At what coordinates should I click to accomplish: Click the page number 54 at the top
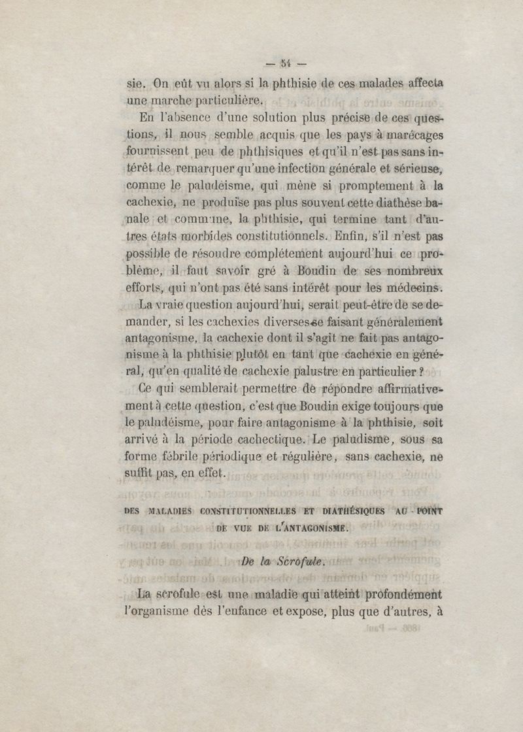(x=284, y=64)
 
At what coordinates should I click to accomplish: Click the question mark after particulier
(x=423, y=372)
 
